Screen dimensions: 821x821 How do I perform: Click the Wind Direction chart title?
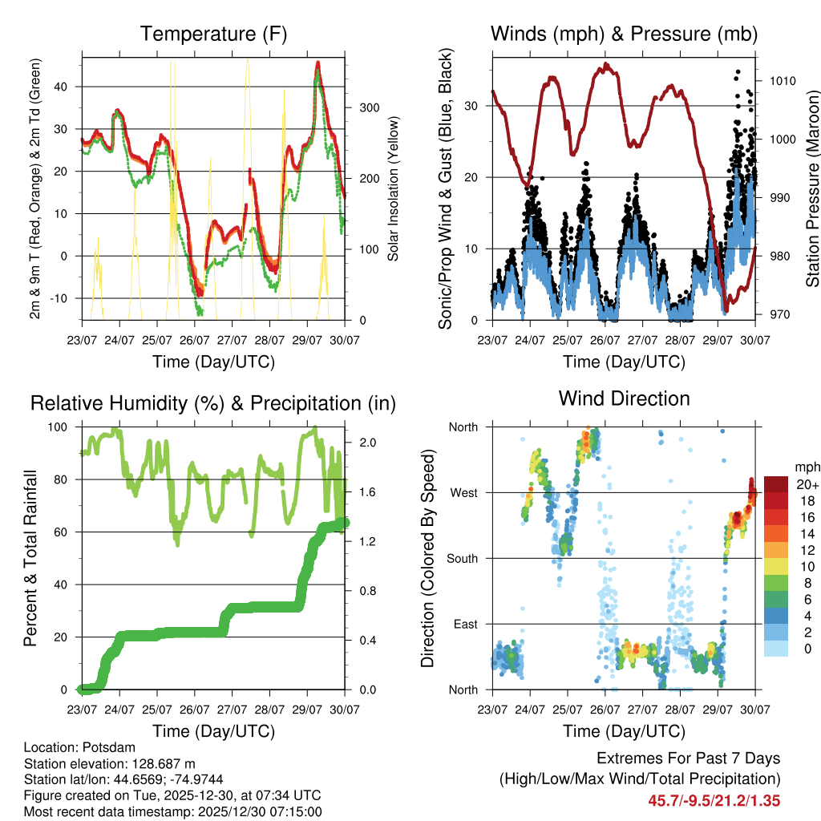click(x=624, y=398)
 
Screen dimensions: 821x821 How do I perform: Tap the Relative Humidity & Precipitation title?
click(x=212, y=403)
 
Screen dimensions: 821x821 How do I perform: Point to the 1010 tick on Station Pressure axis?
click(x=781, y=81)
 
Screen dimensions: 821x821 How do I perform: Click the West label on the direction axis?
click(x=463, y=492)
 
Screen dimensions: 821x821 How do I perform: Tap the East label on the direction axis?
click(x=464, y=624)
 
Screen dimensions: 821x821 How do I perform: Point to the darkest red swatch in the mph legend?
click(x=776, y=484)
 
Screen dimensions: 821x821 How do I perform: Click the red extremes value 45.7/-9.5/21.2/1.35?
click(x=714, y=800)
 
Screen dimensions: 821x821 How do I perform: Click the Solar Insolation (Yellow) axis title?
click(x=393, y=189)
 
